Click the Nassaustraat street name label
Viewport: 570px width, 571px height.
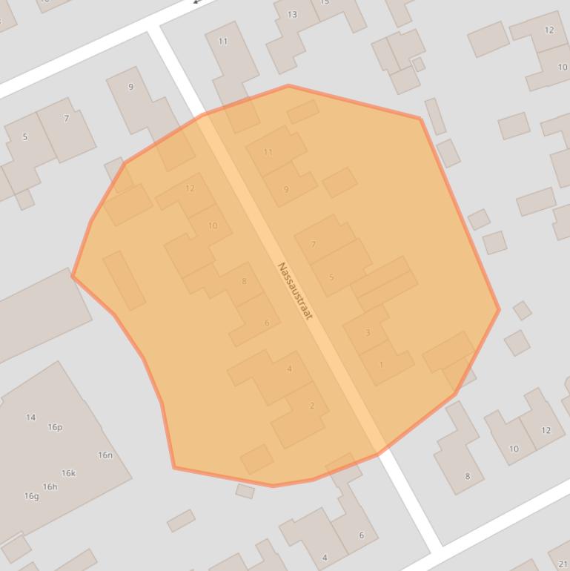[294, 291]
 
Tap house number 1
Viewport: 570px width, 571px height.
[381, 364]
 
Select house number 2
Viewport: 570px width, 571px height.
[312, 405]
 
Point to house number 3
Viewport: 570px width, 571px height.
[368, 332]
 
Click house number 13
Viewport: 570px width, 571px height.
[292, 14]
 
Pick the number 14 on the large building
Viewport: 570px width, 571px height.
[30, 417]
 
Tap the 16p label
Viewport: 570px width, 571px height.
[55, 427]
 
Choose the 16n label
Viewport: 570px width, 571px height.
[105, 455]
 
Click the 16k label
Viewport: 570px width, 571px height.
[68, 473]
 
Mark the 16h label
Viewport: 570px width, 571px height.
[50, 486]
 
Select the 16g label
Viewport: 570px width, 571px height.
[31, 496]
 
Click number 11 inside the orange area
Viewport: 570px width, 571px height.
[268, 152]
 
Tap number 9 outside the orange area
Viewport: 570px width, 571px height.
[131, 87]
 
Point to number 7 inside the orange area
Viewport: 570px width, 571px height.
[314, 244]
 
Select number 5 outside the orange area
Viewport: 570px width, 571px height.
[25, 136]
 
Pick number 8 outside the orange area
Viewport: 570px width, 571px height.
[467, 476]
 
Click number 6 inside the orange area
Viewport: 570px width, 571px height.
[267, 323]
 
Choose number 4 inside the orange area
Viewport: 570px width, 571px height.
[289, 369]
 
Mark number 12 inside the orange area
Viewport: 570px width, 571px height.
[190, 188]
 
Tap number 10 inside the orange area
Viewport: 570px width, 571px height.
[213, 225]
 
